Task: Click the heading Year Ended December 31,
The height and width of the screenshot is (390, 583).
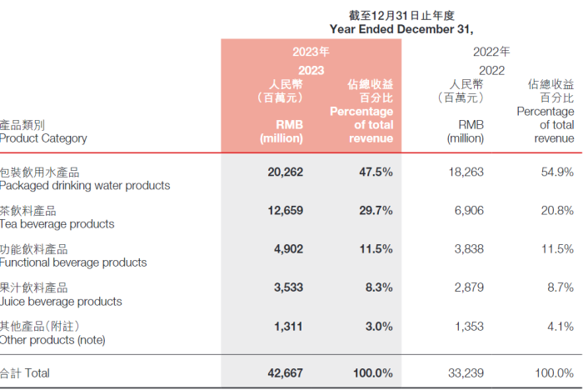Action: tap(401, 28)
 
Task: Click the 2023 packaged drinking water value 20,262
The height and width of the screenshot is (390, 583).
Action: tap(286, 172)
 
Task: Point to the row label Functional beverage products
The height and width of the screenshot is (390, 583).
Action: tap(73, 262)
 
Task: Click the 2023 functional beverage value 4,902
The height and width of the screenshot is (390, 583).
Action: tap(289, 249)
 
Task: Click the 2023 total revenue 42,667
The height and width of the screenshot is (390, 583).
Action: tap(286, 372)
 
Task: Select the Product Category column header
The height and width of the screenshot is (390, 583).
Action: tap(43, 138)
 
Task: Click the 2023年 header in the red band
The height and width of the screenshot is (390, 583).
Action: tap(311, 52)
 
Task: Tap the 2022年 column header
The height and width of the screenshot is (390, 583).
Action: tap(491, 52)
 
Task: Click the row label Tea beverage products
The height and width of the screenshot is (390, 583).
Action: tap(57, 224)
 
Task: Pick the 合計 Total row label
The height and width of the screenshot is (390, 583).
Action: tap(27, 372)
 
